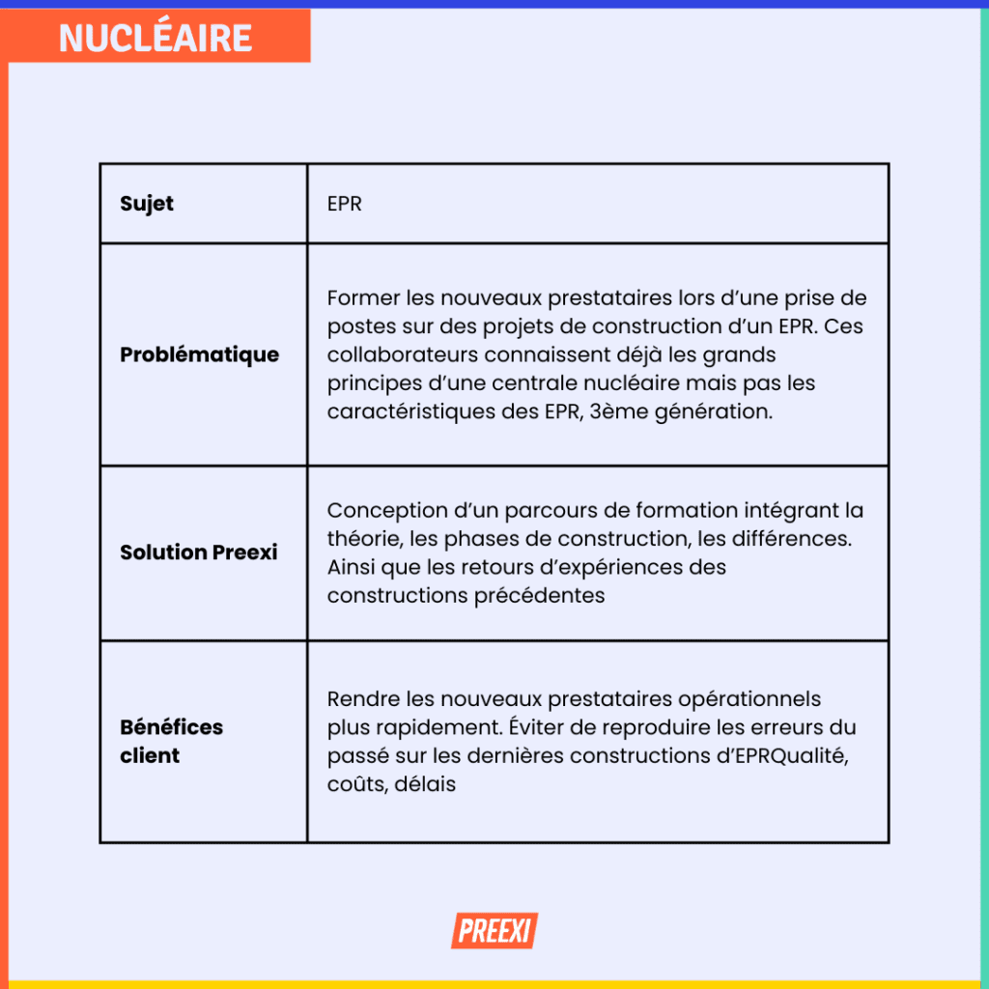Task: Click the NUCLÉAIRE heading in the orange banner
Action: coord(155,38)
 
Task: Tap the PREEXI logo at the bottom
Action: coord(494,931)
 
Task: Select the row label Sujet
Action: coord(147,204)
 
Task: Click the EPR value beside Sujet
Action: coord(344,205)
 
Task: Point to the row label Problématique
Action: coord(199,354)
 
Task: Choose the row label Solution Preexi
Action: coord(198,552)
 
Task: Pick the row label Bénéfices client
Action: coord(171,741)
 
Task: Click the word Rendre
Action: coord(357,698)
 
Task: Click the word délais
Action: coord(425,784)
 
